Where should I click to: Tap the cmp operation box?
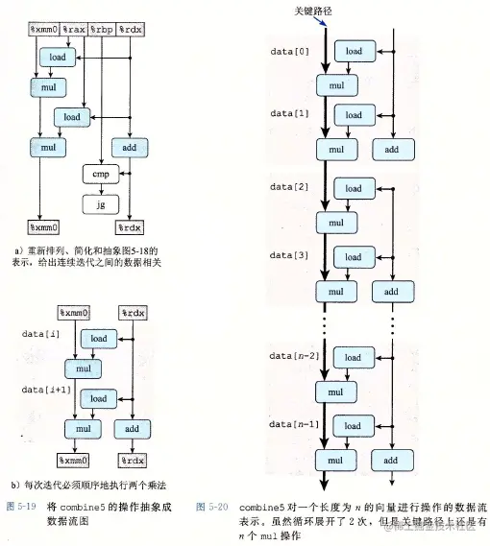tap(101, 176)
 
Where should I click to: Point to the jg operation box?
tap(101, 203)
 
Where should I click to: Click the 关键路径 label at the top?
tap(313, 11)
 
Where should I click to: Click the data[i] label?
tap(40, 333)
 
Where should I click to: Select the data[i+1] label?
tap(45, 389)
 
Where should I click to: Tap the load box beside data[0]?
tap(353, 51)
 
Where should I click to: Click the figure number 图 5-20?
tap(211, 504)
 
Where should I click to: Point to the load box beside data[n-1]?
tap(353, 428)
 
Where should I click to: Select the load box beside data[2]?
tap(353, 189)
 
